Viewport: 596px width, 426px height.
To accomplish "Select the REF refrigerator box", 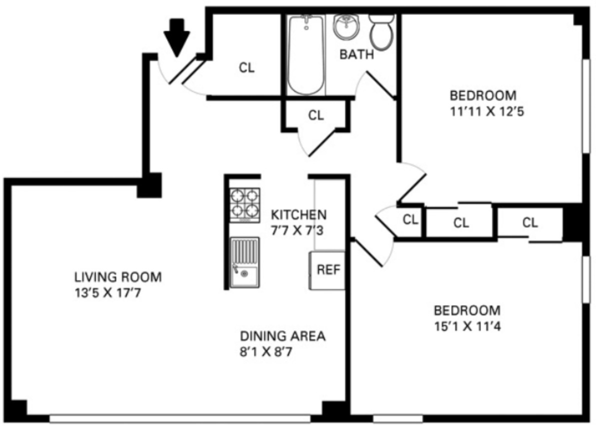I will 328,270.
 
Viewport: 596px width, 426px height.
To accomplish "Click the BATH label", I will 356,54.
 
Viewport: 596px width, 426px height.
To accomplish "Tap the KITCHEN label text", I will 298,214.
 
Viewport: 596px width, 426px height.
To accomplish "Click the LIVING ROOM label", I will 118,276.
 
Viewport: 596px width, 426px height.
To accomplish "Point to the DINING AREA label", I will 282,336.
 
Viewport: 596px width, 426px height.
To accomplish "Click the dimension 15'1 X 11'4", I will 467,326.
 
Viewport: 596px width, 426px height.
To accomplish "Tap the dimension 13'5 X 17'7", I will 106,292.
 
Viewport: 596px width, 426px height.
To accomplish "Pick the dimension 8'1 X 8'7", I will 272,351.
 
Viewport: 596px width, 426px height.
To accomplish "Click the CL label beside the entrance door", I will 246,68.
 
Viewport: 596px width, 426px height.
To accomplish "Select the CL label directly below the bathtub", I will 315,115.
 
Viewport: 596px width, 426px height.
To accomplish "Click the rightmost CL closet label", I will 530,222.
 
